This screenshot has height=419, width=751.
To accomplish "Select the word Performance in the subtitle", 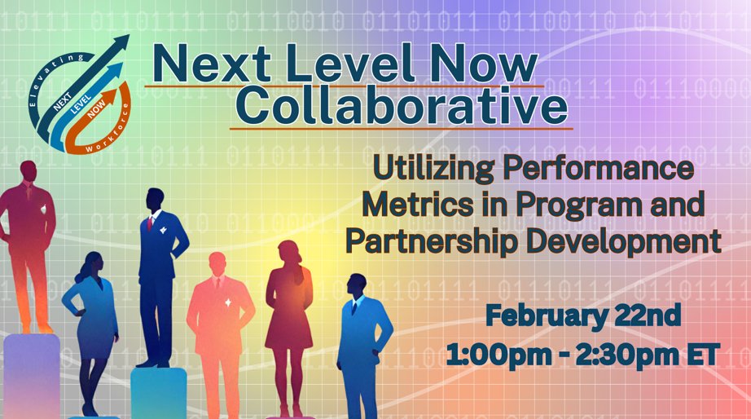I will tap(608, 171).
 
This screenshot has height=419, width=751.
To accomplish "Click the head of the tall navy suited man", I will tap(154, 198).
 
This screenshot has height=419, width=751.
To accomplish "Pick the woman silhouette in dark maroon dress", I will tap(288, 310).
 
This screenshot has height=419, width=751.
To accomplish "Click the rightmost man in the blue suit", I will tap(359, 334).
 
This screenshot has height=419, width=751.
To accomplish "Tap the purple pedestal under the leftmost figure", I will tap(32, 375).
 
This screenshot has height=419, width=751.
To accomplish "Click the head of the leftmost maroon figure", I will tap(29, 173).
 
